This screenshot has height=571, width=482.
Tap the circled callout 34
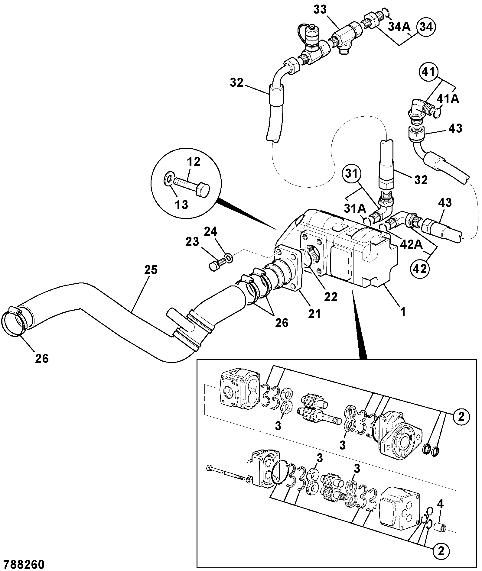(x=426, y=27)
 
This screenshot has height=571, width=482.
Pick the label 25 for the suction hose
(x=151, y=269)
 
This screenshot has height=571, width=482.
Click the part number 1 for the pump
(x=403, y=312)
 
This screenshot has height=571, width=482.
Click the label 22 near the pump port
(x=331, y=297)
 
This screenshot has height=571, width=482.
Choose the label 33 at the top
(x=320, y=10)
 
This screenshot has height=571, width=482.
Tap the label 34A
(x=399, y=27)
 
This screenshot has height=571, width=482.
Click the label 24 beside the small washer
(x=210, y=232)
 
